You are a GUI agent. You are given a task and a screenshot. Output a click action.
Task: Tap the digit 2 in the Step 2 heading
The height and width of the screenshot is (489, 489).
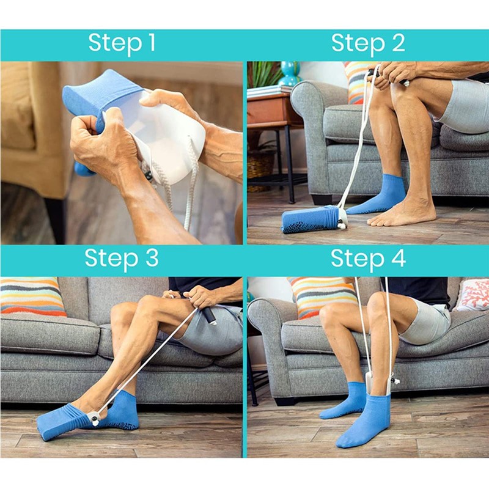[x=398, y=43]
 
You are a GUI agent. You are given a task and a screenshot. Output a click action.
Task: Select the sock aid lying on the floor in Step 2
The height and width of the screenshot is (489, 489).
[x=312, y=219]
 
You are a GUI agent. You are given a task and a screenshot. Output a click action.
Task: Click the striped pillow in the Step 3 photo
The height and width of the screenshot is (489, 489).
[x=32, y=297]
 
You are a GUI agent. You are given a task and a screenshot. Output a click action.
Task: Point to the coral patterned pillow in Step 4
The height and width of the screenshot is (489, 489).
[x=472, y=295]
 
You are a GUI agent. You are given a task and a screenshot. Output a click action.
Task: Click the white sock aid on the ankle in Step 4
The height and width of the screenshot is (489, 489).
[x=379, y=382]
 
